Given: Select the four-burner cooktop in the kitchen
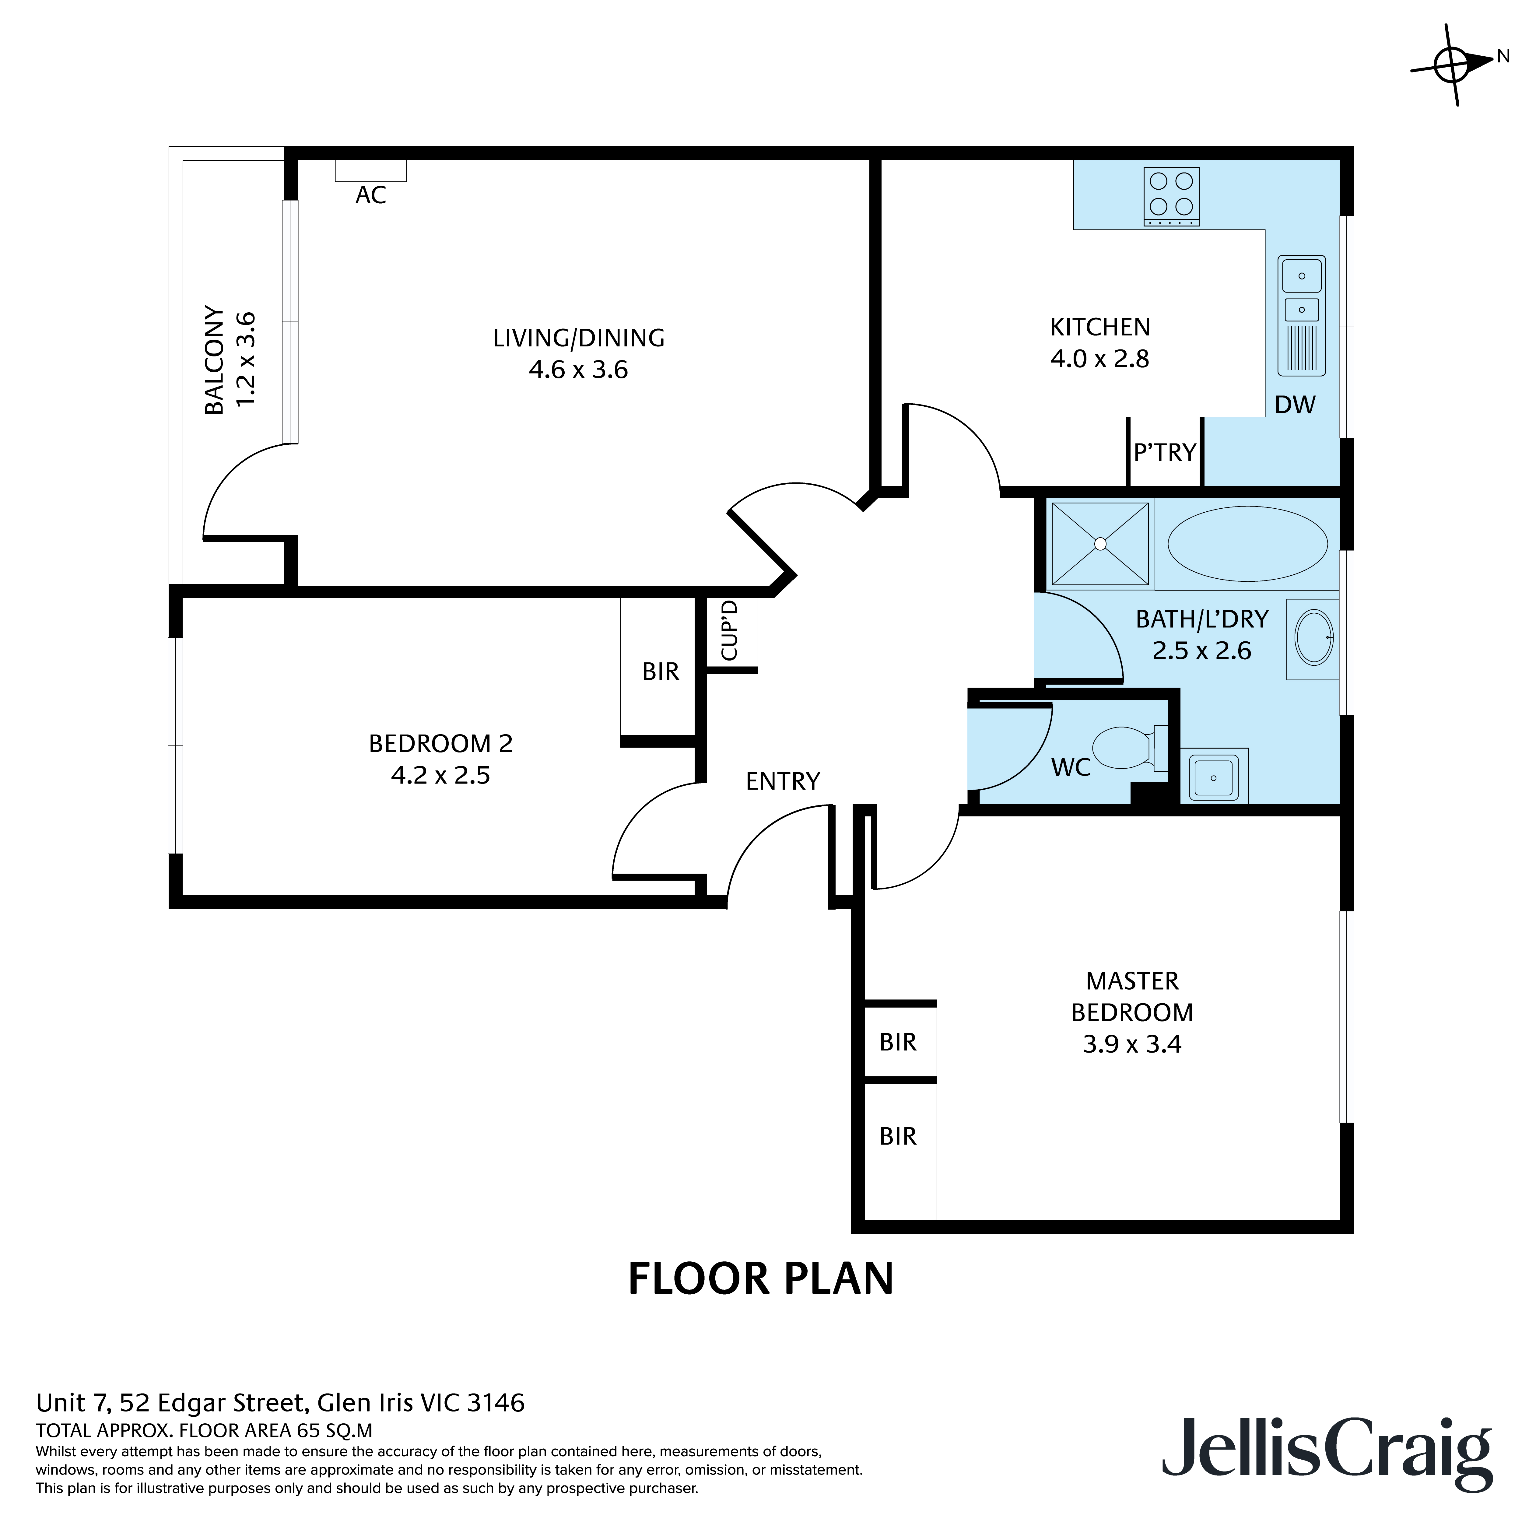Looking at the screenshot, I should coord(1171,196).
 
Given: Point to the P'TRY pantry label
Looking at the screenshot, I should coord(1164,452).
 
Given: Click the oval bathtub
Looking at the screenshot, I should coord(1247,544).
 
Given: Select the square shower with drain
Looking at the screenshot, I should coord(1100,544).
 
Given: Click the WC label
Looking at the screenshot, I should coord(1071,767).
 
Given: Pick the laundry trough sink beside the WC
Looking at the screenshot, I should coord(1214,776).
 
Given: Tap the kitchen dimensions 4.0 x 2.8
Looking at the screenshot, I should coord(1100,359).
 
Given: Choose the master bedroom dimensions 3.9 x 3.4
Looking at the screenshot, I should coord(1132,1045).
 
